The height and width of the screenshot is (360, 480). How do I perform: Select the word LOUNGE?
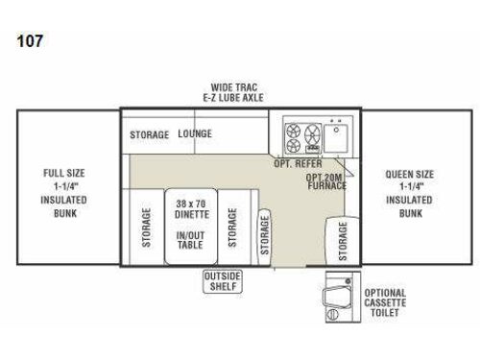click(194, 134)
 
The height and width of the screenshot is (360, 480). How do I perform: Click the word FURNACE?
click(326, 186)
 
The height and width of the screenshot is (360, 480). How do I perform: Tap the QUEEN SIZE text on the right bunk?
click(410, 175)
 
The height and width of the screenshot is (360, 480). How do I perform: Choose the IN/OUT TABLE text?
click(192, 240)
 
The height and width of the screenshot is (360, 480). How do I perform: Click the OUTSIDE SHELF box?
click(222, 281)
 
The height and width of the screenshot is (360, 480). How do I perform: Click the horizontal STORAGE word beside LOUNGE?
click(150, 134)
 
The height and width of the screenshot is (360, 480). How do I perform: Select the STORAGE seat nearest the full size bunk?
click(147, 227)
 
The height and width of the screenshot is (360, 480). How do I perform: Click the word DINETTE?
click(192, 217)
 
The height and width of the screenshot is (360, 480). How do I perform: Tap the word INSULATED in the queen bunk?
click(410, 200)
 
